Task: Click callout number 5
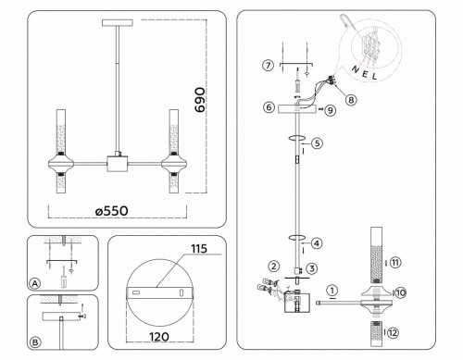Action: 316,143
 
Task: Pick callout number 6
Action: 268,107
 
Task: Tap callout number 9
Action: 331,109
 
